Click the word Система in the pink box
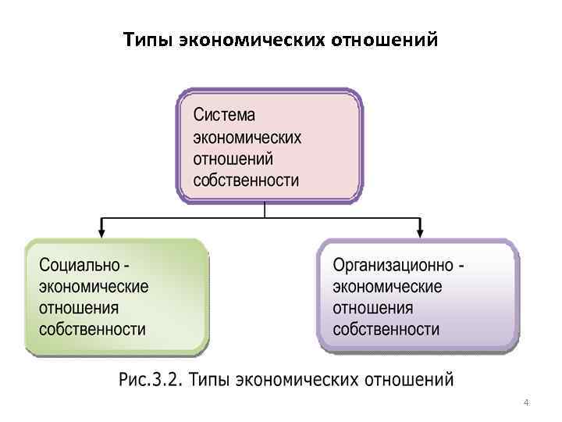tap(224, 116)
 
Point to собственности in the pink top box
tap(246, 181)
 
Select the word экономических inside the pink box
tap(247, 138)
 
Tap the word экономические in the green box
tap(94, 286)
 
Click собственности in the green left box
tap(92, 328)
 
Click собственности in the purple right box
tap(386, 328)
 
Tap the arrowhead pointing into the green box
tap(101, 232)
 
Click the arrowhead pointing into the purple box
tap(420, 232)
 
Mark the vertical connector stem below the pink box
tap(265, 209)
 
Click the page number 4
tap(526, 403)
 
